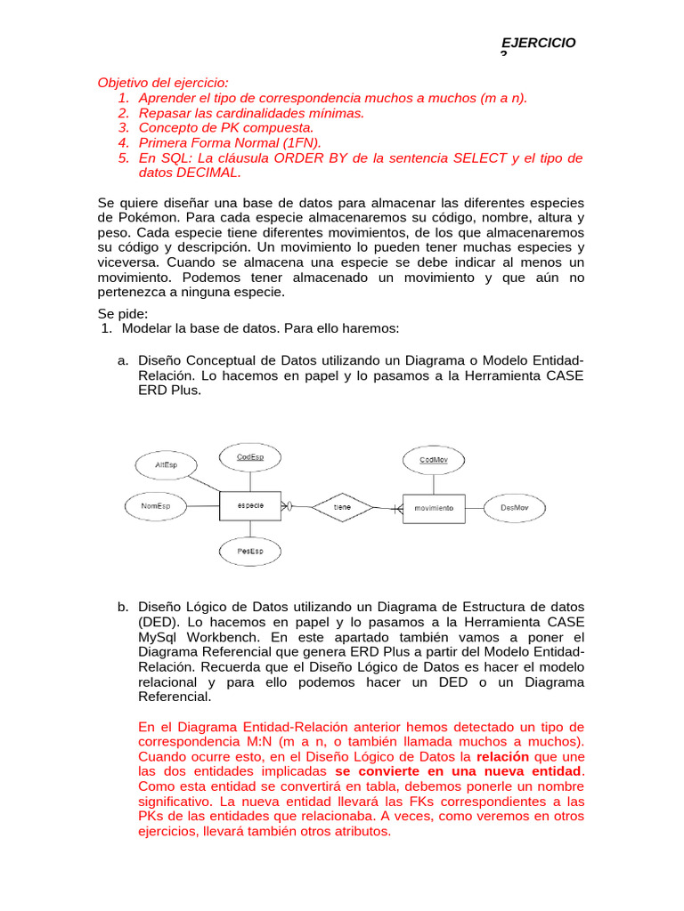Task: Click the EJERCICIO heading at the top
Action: (x=539, y=43)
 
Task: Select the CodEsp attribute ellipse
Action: (x=249, y=457)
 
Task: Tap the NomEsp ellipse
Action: (x=155, y=506)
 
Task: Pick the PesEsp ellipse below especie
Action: (x=249, y=552)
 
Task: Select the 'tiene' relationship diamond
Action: (x=342, y=507)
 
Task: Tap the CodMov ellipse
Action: (x=433, y=459)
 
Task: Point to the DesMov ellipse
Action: (x=514, y=507)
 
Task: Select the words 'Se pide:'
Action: (x=123, y=313)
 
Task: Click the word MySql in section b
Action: (x=159, y=637)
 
